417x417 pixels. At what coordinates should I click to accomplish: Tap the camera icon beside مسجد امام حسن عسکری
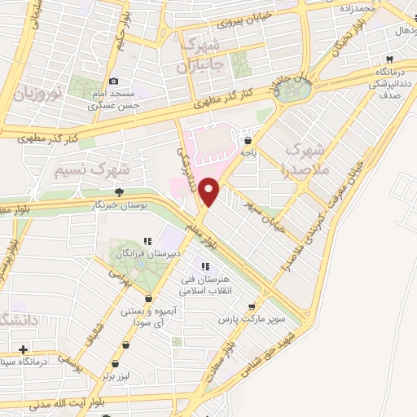pyautogui.click(x=113, y=81)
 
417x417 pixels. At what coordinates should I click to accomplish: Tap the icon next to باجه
pyautogui.click(x=248, y=140)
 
